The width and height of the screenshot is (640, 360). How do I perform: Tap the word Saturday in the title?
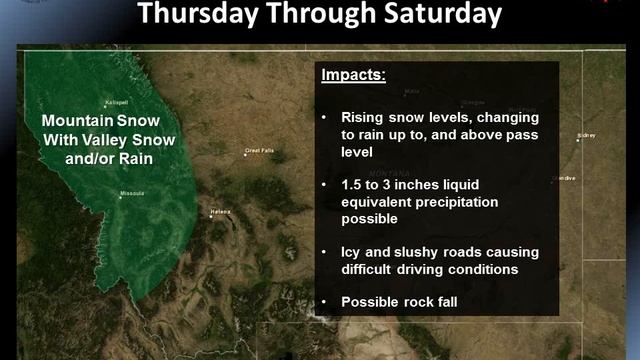coord(439,14)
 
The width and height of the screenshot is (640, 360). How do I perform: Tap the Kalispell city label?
coord(119,104)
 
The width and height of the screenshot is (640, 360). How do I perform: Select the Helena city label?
coord(221,213)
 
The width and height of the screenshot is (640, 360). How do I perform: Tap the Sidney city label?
coord(586,134)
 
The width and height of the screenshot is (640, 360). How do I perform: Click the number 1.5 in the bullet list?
coord(354,185)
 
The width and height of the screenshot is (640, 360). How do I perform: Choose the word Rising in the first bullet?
coord(366,118)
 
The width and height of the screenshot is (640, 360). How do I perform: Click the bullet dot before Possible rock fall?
coord(324,301)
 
